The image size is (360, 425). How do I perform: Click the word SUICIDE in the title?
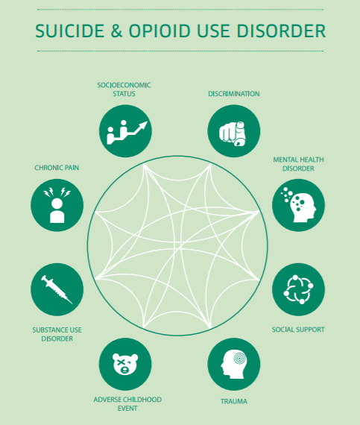click(x=70, y=31)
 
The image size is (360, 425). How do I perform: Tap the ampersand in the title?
click(x=116, y=31)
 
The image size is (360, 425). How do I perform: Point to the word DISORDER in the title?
click(x=281, y=31)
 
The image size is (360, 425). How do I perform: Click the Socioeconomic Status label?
click(x=124, y=89)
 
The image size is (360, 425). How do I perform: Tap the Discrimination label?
click(x=234, y=94)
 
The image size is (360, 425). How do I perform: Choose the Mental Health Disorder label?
click(x=298, y=164)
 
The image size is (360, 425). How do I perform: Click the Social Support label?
click(x=298, y=330)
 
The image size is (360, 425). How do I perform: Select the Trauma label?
click(x=234, y=401)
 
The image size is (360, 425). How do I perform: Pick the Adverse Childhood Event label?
click(x=127, y=404)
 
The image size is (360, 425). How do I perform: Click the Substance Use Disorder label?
click(x=57, y=334)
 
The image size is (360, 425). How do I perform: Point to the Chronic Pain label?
click(x=57, y=168)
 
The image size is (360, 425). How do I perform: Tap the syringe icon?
click(x=57, y=289)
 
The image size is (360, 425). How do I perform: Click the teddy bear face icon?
click(x=125, y=364)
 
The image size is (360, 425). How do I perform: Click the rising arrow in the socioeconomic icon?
click(x=134, y=130)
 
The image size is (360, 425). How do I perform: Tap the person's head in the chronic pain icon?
click(x=57, y=204)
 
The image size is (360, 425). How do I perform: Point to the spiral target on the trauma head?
click(x=239, y=359)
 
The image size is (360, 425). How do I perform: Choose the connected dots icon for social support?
click(x=298, y=289)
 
